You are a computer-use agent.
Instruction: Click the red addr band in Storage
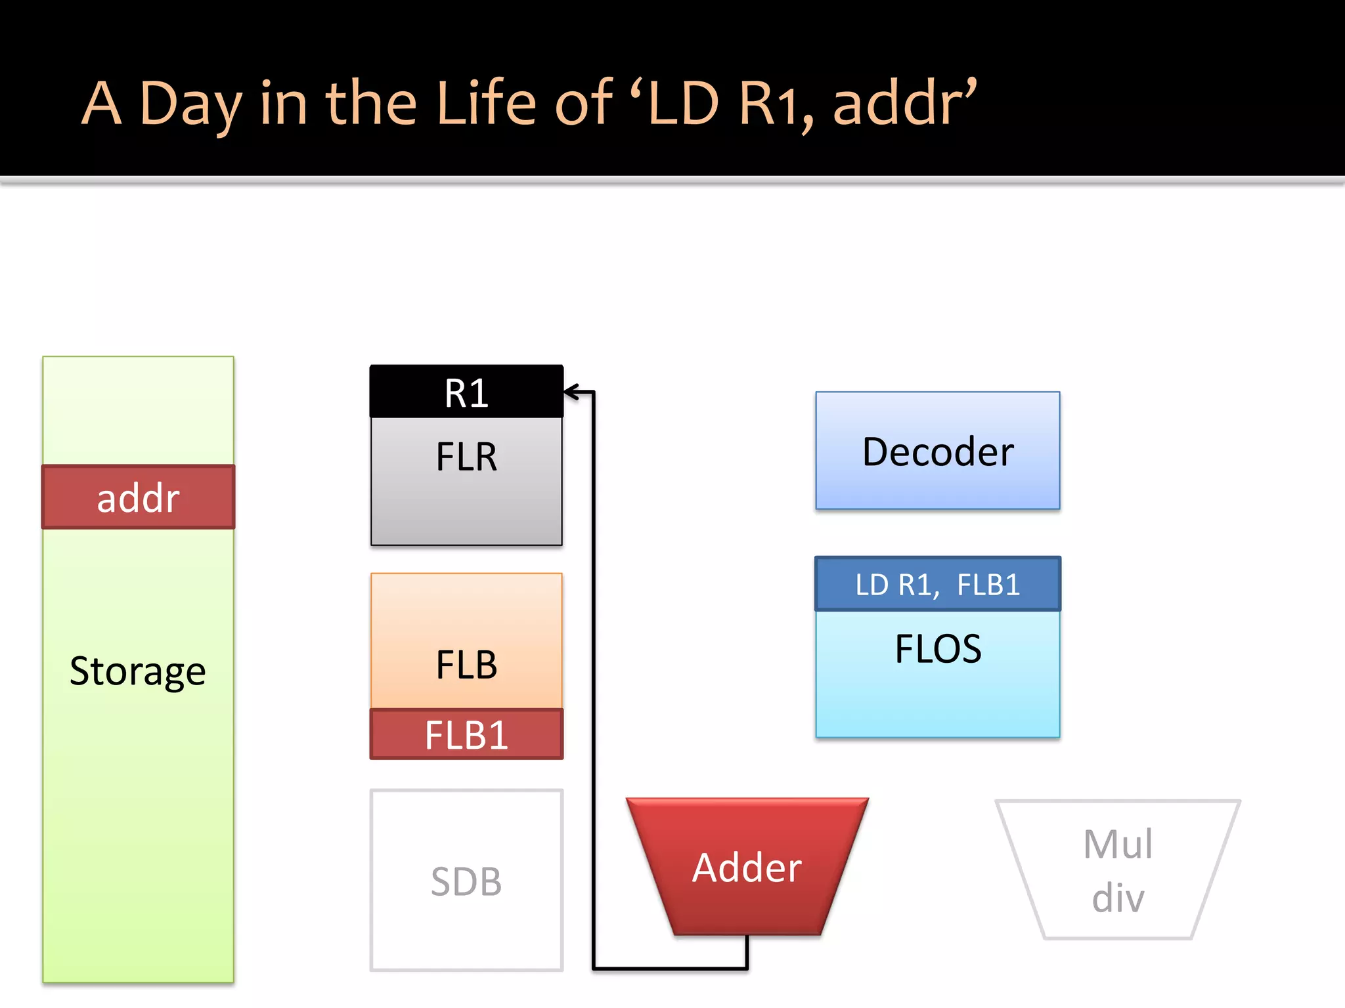tap(138, 497)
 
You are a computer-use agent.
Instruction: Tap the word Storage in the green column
tap(138, 671)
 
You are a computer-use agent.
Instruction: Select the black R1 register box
tap(466, 392)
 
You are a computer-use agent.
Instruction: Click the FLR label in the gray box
tap(466, 457)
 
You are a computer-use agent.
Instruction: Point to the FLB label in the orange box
tap(466, 664)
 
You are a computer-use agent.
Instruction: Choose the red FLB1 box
tap(466, 734)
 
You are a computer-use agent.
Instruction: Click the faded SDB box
tap(466, 881)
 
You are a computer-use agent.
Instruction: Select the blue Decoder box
tap(938, 451)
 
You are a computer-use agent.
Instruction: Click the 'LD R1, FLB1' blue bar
tap(938, 584)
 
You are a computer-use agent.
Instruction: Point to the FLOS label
tap(938, 648)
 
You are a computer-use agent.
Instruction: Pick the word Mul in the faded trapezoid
tap(1118, 844)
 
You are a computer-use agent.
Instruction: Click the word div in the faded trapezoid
tap(1118, 898)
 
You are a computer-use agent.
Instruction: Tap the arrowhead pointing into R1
tap(570, 392)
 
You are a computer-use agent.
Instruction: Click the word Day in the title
tap(190, 104)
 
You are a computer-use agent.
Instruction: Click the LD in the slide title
tap(683, 104)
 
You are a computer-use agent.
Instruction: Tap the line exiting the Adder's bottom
tap(747, 952)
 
